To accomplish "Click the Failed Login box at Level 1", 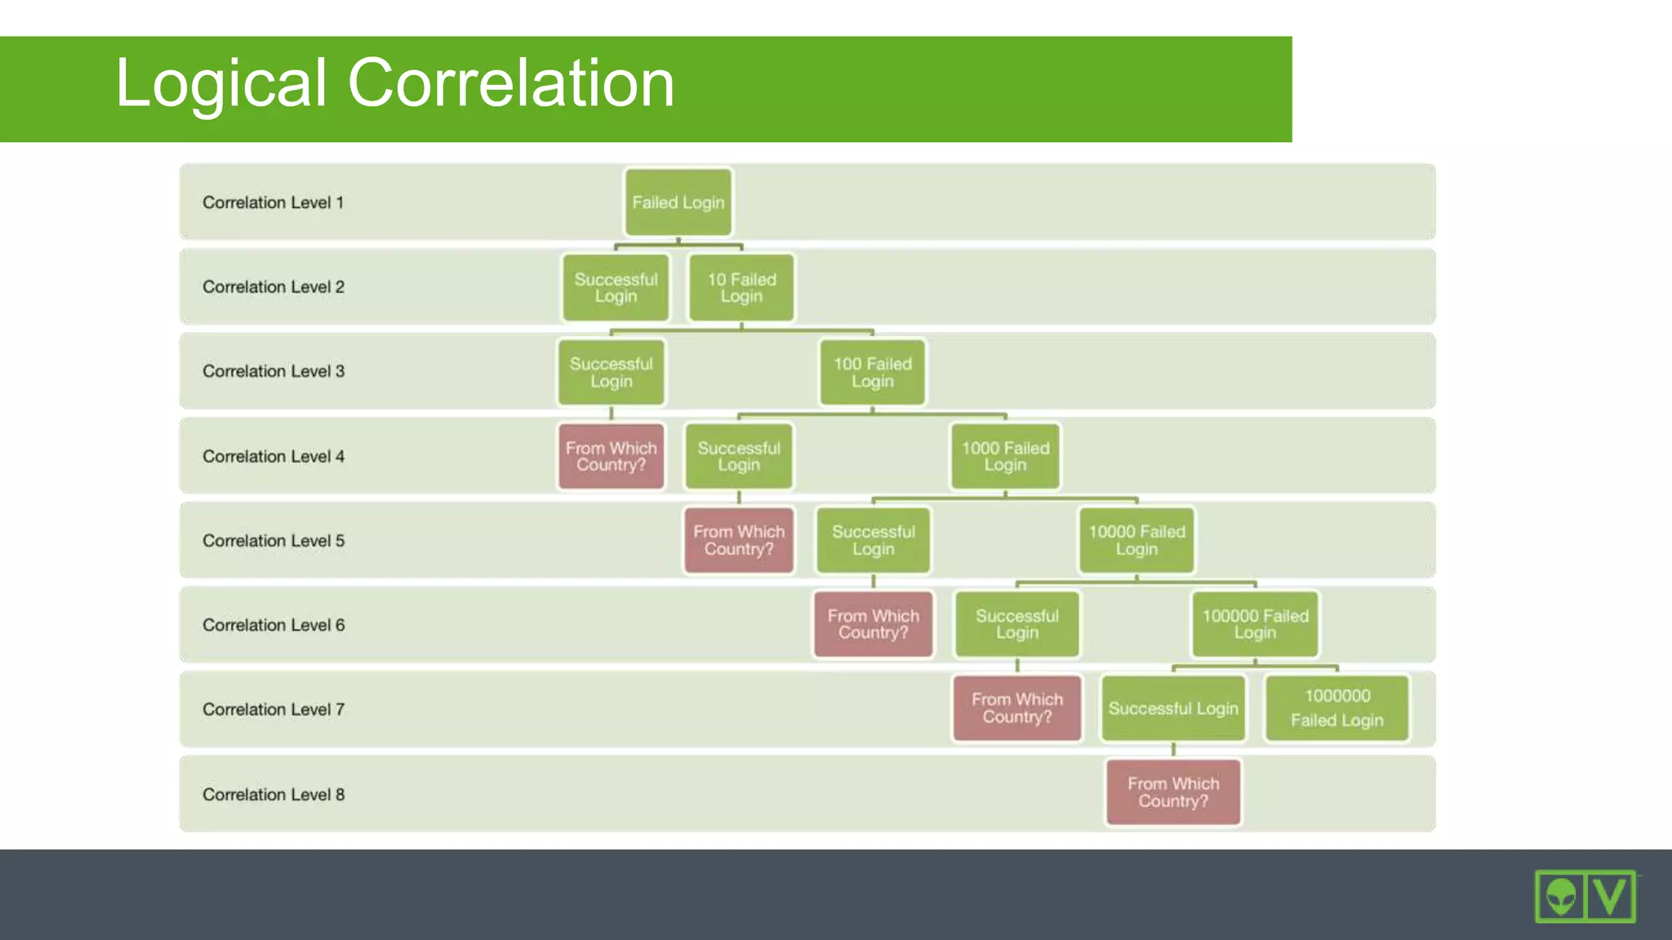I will point(678,202).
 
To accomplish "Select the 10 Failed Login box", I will point(741,287).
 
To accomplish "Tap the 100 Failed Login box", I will point(872,372).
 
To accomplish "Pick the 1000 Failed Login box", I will point(1005,456).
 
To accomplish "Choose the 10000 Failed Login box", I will point(1136,540).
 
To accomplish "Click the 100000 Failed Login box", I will point(1255,624).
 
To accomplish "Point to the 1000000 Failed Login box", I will point(1336,708).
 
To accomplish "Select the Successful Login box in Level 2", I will point(616,287).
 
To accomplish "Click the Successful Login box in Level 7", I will point(1173,708).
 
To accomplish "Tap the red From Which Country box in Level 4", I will point(611,456).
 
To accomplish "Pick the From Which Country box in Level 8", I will point(1173,792).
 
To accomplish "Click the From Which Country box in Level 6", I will point(873,624).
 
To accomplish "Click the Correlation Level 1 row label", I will point(273,202).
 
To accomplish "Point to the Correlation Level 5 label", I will point(273,540).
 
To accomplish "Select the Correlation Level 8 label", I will point(273,794).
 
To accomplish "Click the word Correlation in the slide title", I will point(511,83).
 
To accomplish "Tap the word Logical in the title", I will point(221,83).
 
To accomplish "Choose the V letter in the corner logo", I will point(1611,897).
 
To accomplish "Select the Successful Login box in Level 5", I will point(873,540).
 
